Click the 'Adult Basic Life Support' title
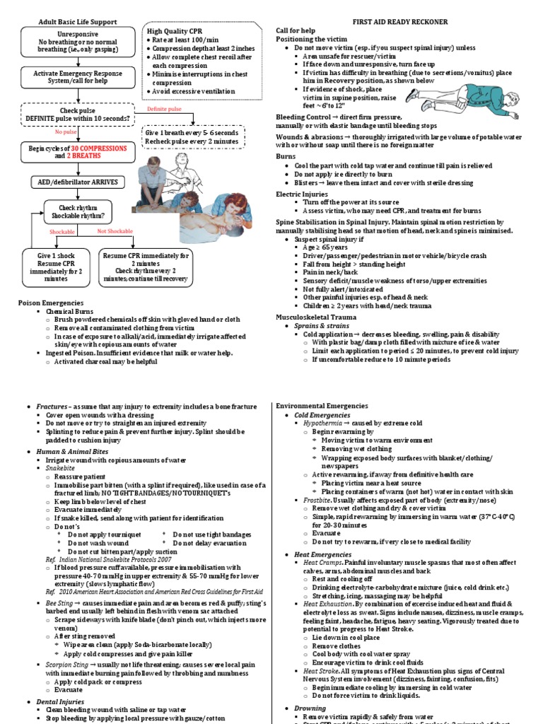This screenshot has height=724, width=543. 78,23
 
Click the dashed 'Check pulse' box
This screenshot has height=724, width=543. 74,115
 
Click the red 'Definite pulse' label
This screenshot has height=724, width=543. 164,110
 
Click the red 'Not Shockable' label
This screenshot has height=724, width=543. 115,231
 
